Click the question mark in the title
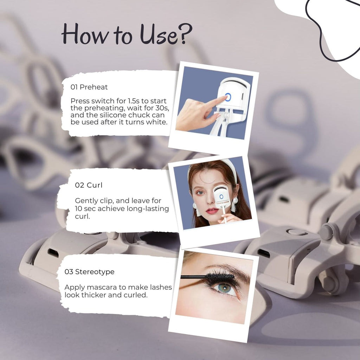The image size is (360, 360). point(186,33)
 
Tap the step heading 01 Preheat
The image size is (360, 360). point(89,87)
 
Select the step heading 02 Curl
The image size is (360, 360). point(89,185)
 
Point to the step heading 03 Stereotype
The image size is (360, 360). point(89,272)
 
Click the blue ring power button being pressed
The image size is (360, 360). point(228,97)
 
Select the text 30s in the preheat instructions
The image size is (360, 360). point(163,108)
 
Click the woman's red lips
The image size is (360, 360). point(212,211)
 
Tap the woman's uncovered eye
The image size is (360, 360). point(200,192)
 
